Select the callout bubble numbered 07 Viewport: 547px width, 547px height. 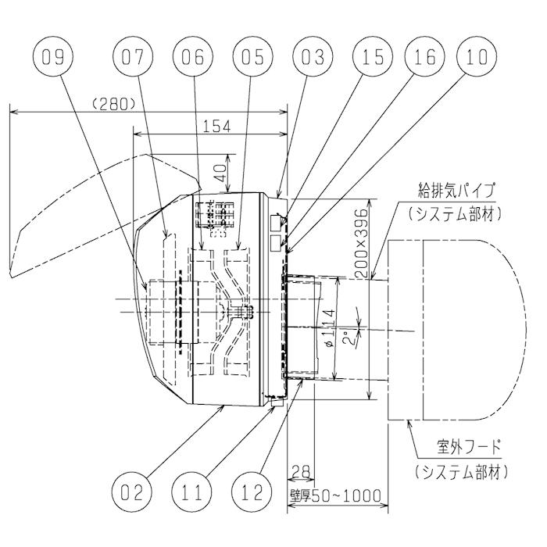tap(132, 56)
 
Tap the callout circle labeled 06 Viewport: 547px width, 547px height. tap(192, 56)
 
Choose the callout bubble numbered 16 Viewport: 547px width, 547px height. tap(424, 56)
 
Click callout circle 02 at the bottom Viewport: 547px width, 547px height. tap(132, 493)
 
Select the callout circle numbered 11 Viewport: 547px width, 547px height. tap(192, 493)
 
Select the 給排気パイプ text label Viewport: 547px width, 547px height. tap(457, 191)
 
